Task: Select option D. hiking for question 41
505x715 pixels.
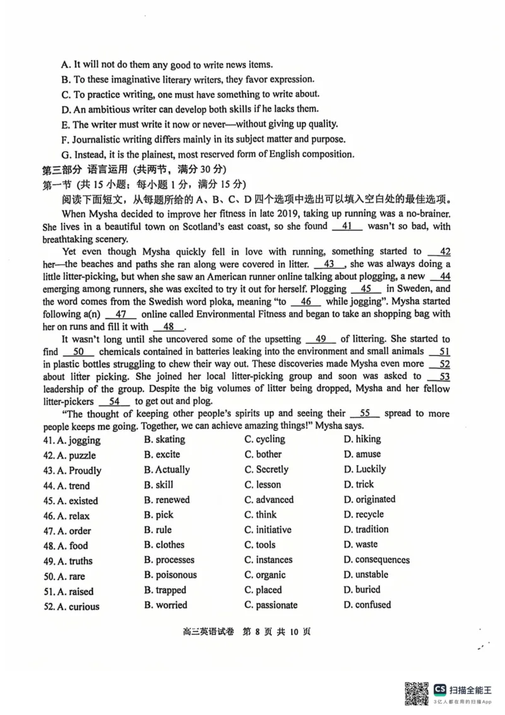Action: point(362,439)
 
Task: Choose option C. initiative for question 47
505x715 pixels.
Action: point(268,530)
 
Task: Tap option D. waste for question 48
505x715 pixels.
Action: point(360,544)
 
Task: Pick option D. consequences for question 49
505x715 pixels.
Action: point(376,560)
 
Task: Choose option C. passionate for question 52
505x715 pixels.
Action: point(271,605)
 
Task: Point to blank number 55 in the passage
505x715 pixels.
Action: point(365,413)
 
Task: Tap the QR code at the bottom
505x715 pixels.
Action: point(415,693)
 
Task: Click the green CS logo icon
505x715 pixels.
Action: point(439,688)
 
